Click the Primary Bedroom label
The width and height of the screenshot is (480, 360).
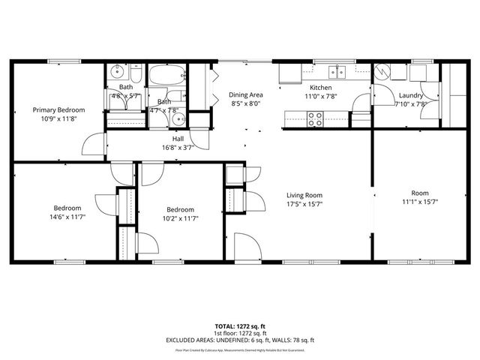pos(58,110)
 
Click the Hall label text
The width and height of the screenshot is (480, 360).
pos(178,139)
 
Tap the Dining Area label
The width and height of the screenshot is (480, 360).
pos(246,95)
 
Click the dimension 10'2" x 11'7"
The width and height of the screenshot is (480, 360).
pos(180,218)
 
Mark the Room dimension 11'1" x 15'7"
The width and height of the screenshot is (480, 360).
pos(420,201)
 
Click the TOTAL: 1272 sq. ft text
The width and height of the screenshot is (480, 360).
pos(240,327)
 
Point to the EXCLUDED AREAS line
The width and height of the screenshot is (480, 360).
pos(240,340)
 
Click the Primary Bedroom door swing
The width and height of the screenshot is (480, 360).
pos(93,145)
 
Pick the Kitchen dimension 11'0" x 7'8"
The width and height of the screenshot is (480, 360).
pos(322,96)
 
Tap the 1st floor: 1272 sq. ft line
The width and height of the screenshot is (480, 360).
pos(240,334)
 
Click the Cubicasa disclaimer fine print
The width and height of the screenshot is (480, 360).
pos(240,349)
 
